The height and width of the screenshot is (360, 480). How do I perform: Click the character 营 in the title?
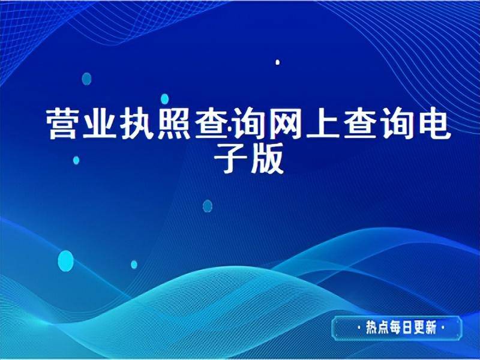[x=65, y=124]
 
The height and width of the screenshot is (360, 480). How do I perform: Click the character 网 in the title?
[x=287, y=124]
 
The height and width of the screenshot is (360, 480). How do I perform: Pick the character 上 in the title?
[x=325, y=124]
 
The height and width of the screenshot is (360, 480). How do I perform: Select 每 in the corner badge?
[x=398, y=328]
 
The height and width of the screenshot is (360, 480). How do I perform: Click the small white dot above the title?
[x=277, y=62]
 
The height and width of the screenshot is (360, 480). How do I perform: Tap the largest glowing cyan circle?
[x=65, y=260]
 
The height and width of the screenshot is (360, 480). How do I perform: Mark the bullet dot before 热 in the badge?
[x=359, y=328]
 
